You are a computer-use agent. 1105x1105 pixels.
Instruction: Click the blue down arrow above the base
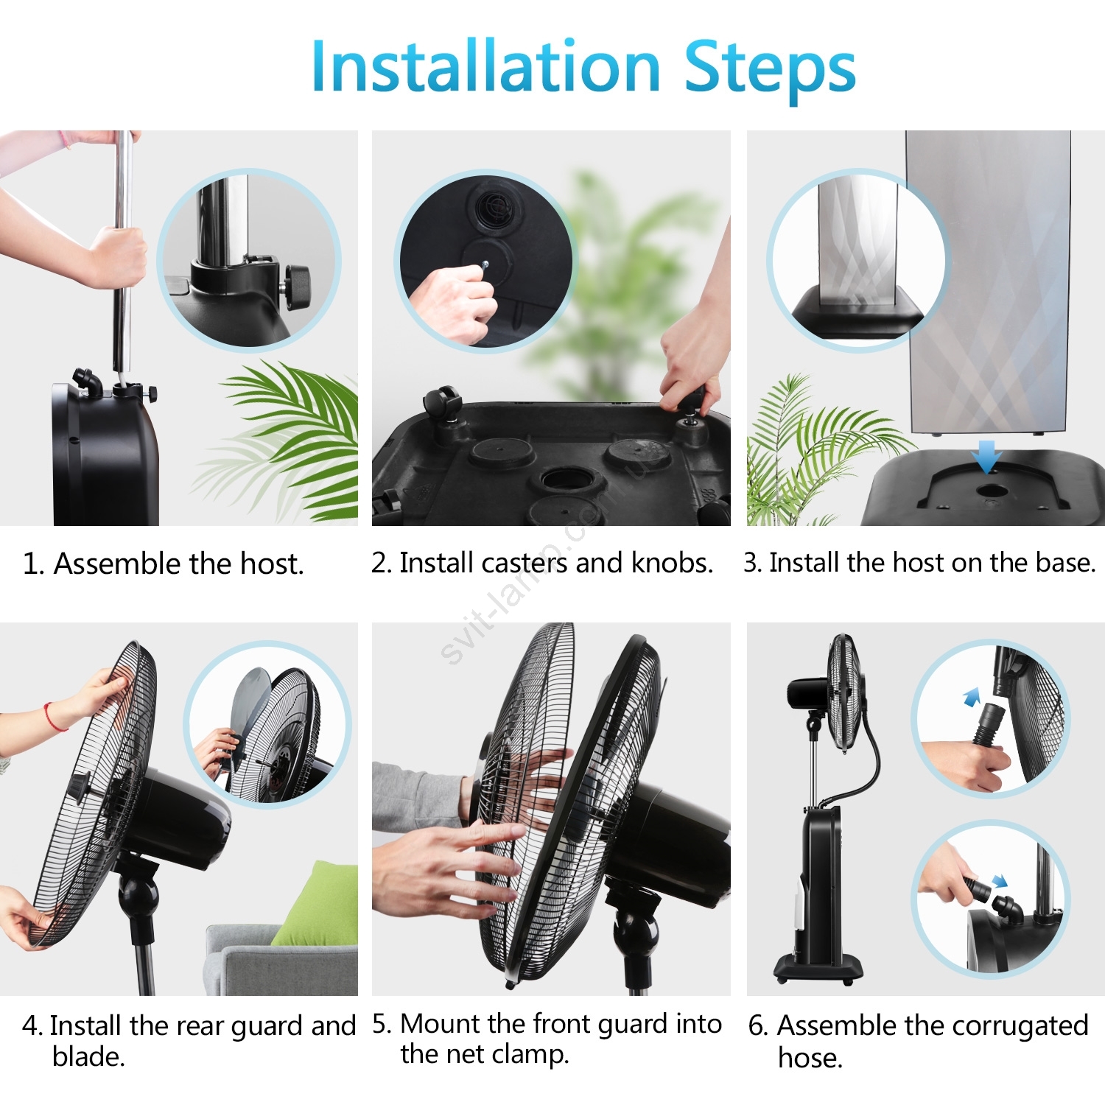986,457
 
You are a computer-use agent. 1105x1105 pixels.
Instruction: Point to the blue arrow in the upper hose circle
972,697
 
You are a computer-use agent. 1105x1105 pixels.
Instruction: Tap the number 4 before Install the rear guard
32,1026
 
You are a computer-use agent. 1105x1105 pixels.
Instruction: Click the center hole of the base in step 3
992,491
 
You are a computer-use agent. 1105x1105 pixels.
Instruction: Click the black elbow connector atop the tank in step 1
88,382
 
